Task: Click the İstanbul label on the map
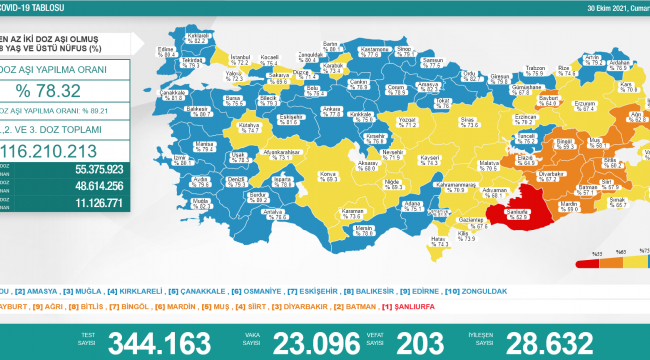click(241, 59)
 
